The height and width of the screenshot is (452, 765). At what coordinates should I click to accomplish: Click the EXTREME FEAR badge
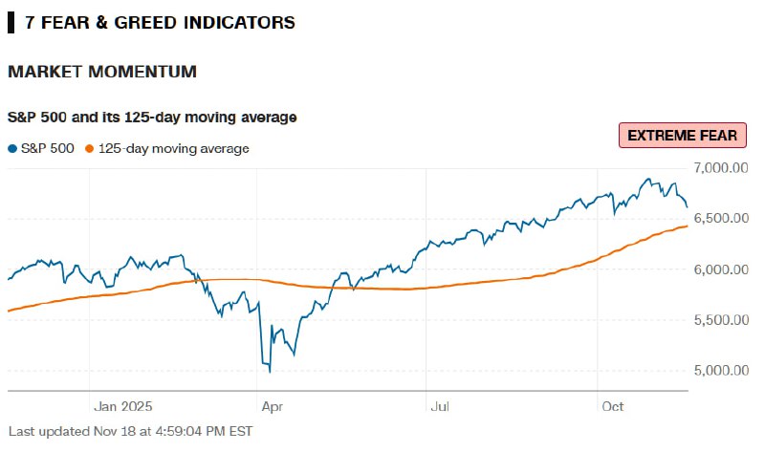click(681, 136)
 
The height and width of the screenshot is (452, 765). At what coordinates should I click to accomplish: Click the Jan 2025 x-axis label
click(122, 406)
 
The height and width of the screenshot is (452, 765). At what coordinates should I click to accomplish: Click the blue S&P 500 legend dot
click(11, 148)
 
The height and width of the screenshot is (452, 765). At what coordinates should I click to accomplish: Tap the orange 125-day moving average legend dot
click(90, 148)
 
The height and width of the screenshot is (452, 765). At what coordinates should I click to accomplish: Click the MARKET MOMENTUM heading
click(102, 72)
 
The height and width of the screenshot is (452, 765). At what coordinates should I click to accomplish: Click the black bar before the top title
click(11, 22)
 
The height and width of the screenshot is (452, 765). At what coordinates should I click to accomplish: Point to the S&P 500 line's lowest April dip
click(270, 371)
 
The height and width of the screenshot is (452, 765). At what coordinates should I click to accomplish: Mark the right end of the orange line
click(688, 226)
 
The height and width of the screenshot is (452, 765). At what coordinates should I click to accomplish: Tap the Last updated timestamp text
click(130, 431)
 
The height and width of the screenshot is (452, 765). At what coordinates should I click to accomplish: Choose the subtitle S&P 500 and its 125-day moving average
click(152, 117)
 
